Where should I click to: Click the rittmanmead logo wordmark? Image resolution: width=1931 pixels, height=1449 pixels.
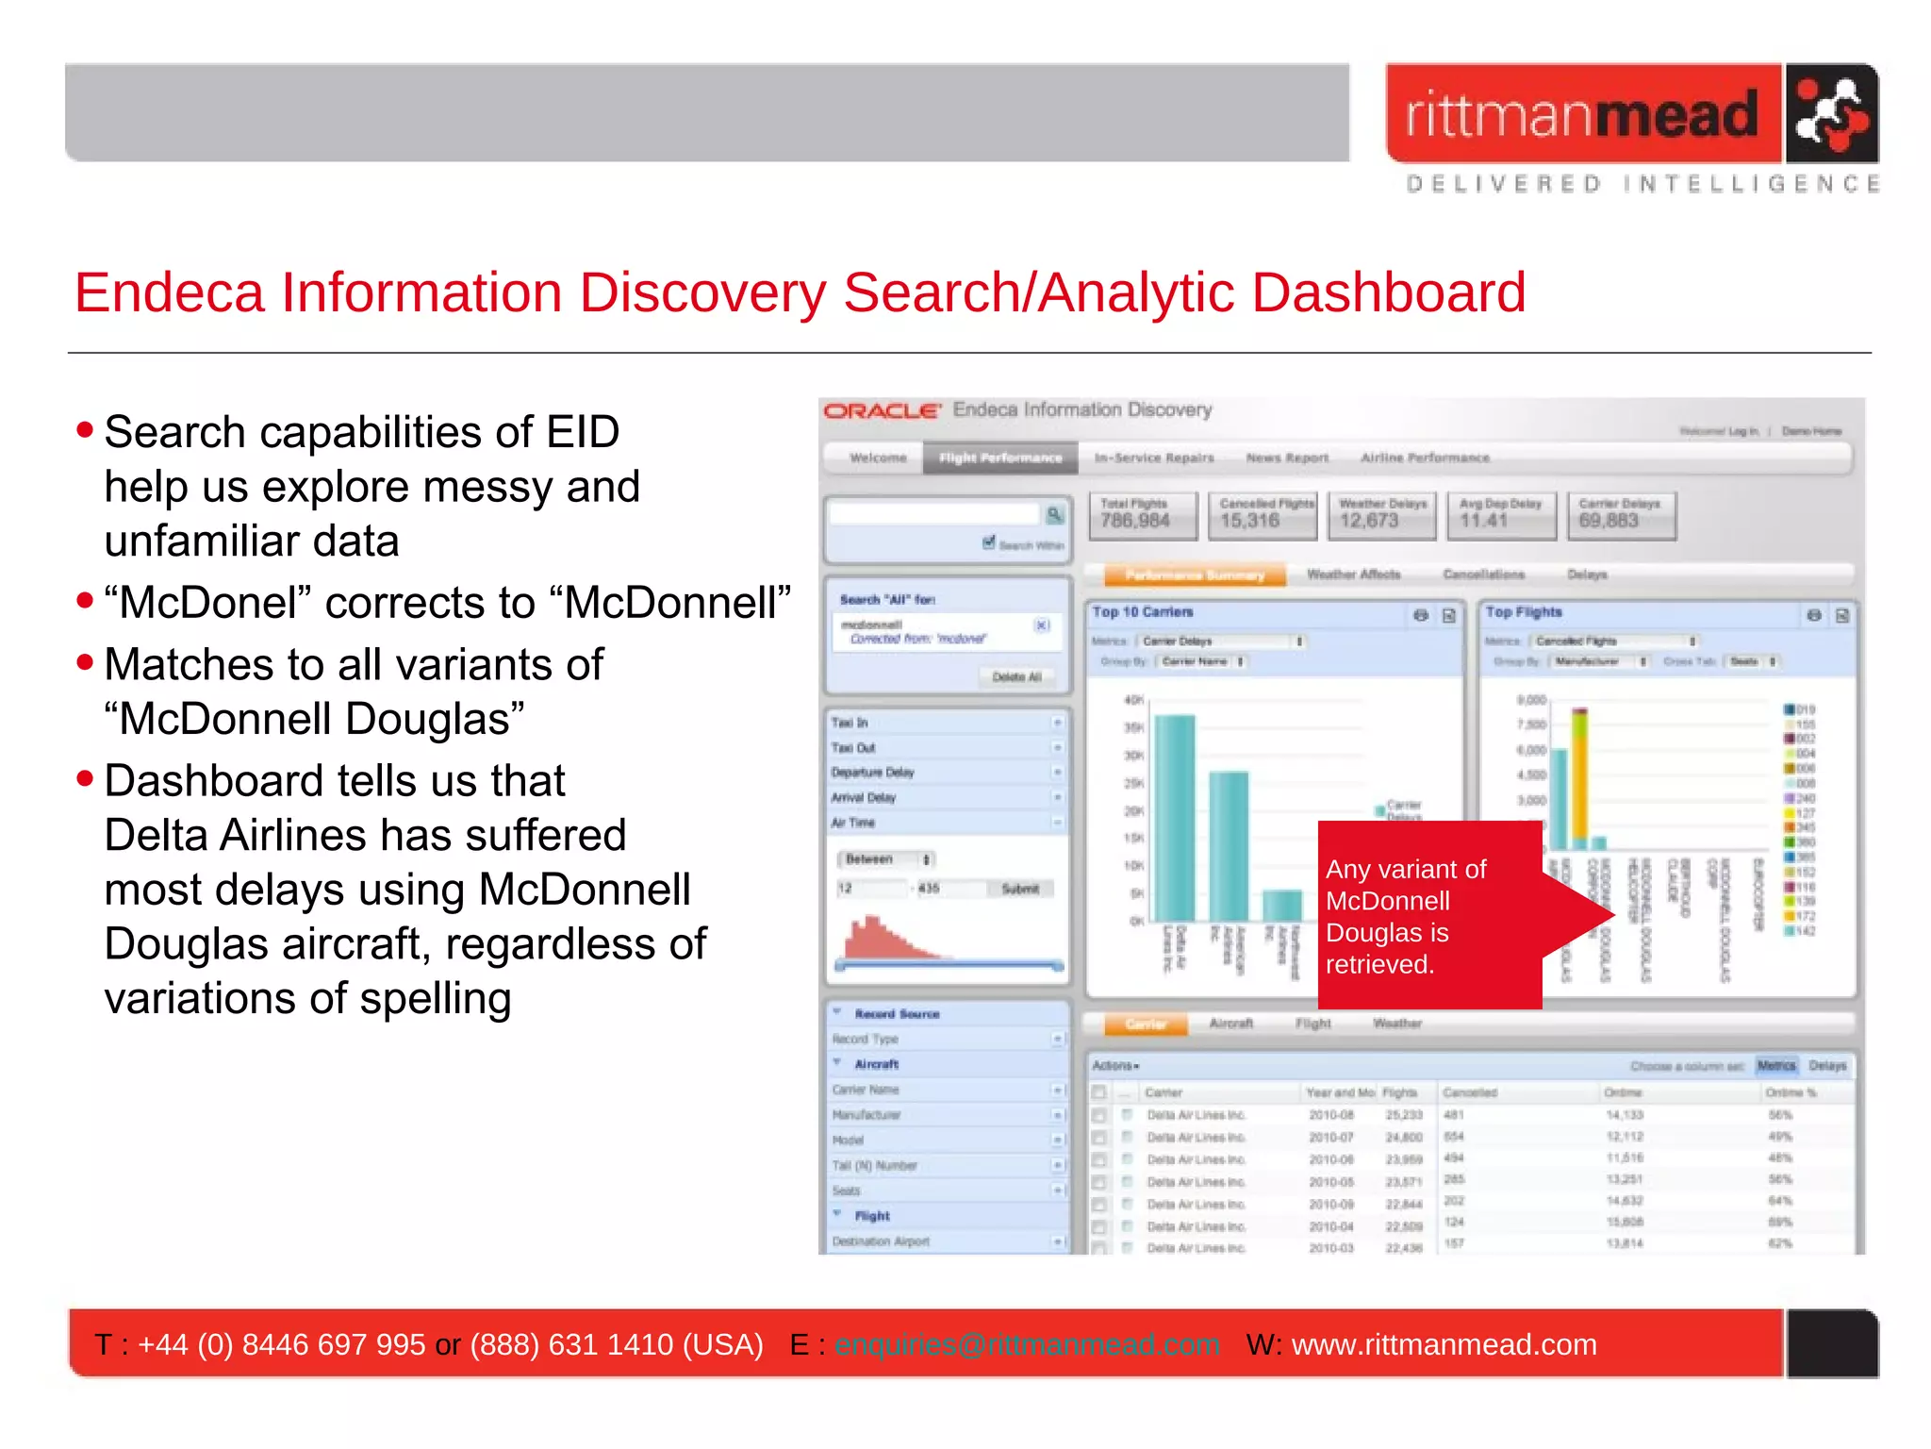pyautogui.click(x=1582, y=115)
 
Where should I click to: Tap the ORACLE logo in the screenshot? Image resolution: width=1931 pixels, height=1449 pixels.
pyautogui.click(x=882, y=411)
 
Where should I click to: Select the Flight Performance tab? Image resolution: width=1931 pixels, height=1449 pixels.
pyautogui.click(x=1000, y=458)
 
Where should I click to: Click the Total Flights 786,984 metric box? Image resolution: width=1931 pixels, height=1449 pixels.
pyautogui.click(x=1143, y=515)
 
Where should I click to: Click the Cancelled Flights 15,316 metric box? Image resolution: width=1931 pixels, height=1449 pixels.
pyautogui.click(x=1263, y=515)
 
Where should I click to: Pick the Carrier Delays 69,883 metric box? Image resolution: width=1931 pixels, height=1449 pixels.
pyautogui.click(x=1621, y=515)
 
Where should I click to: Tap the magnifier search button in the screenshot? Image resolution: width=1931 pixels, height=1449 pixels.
pyautogui.click(x=1054, y=514)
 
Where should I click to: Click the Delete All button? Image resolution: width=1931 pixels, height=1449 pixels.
pyautogui.click(x=1016, y=676)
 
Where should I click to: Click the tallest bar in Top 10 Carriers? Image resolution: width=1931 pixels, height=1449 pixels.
pyautogui.click(x=1175, y=817)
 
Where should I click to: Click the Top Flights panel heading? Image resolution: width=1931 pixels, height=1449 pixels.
pyautogui.click(x=1524, y=612)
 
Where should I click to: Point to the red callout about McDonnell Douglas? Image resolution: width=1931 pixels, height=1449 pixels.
pyautogui.click(x=1428, y=915)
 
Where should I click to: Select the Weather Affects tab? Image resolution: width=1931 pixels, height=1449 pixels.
pyautogui.click(x=1353, y=575)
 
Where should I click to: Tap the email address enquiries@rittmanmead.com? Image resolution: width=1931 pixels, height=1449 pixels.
pyautogui.click(x=1027, y=1344)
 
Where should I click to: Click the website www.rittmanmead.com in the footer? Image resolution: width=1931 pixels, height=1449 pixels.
pyautogui.click(x=1444, y=1344)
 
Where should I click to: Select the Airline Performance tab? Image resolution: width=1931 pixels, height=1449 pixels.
pyautogui.click(x=1425, y=458)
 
